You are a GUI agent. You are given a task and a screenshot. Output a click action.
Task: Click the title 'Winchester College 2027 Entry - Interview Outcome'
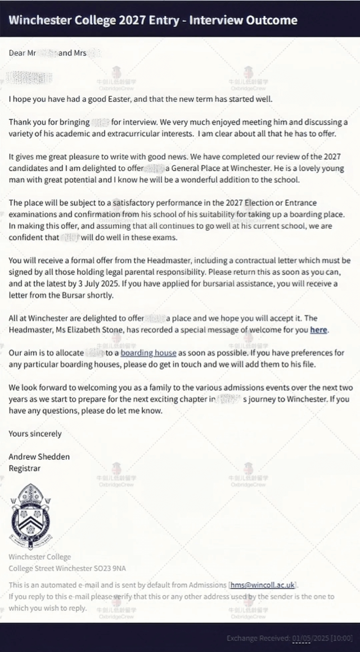(152, 20)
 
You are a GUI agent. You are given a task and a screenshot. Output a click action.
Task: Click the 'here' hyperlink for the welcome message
(318, 330)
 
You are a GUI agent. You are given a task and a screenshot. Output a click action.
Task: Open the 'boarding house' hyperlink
(148, 353)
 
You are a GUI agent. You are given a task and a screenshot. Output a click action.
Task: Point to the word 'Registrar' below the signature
(25, 468)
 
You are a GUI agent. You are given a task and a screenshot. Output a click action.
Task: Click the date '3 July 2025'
(123, 284)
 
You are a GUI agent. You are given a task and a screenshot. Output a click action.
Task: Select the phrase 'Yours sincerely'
(35, 434)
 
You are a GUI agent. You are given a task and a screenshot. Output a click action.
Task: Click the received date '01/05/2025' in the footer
(310, 638)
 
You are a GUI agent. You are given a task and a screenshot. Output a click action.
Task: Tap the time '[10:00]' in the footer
(342, 638)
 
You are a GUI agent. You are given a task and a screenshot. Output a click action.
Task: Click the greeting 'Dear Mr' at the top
(23, 53)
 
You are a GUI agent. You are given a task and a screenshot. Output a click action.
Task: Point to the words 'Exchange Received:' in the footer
(258, 638)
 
